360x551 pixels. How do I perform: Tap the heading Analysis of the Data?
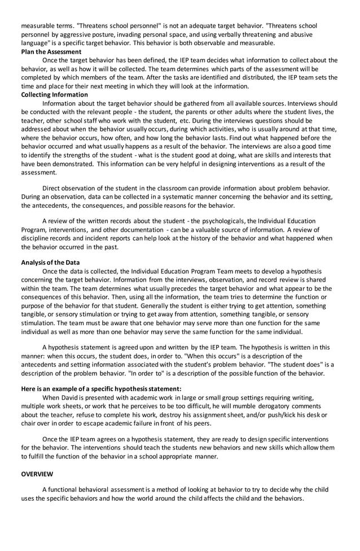[50, 263]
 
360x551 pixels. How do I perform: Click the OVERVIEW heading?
[37, 474]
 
